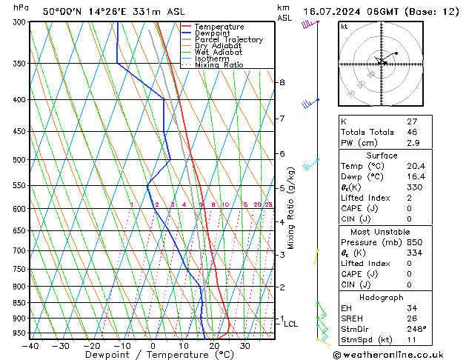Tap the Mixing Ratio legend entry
click(x=219, y=65)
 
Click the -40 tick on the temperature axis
click(x=30, y=345)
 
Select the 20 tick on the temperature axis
click(x=214, y=345)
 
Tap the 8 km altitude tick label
click(x=282, y=82)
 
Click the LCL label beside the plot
click(x=290, y=324)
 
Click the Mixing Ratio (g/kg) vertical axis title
click(x=292, y=208)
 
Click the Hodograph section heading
click(x=382, y=297)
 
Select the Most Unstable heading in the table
click(x=382, y=232)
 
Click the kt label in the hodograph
click(x=344, y=27)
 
